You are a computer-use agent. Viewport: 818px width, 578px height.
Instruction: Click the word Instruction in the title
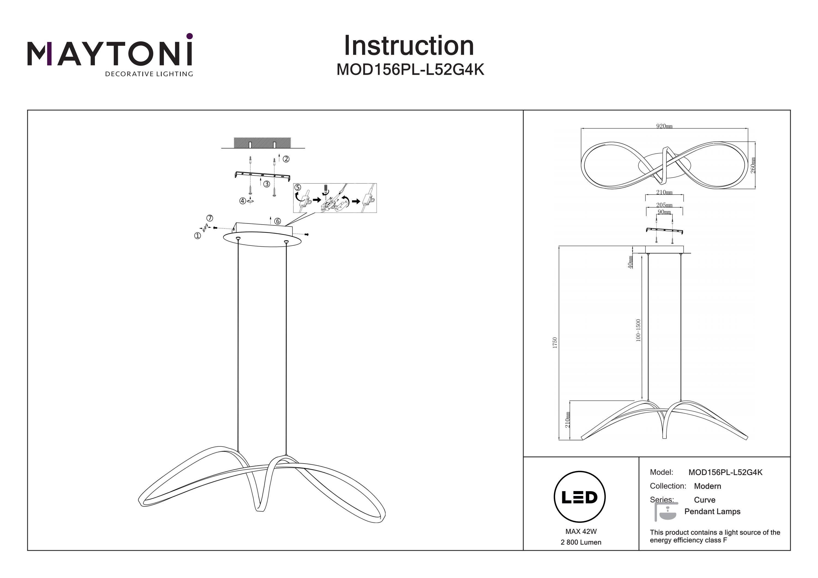[x=409, y=46]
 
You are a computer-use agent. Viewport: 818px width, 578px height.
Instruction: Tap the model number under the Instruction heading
[x=410, y=70]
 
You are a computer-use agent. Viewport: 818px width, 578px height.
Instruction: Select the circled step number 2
[x=286, y=159]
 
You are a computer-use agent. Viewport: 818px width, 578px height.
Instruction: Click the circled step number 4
[x=243, y=201]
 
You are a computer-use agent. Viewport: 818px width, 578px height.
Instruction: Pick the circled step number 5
[x=298, y=187]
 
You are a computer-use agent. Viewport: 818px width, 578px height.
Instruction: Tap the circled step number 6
[x=278, y=222]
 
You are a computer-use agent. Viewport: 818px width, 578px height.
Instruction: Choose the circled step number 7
[x=210, y=218]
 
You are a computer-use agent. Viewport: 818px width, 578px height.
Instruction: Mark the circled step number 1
[x=197, y=236]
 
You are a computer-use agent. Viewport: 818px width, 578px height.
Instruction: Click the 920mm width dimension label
[x=664, y=126]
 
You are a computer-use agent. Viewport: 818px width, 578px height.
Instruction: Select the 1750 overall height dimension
[x=555, y=343]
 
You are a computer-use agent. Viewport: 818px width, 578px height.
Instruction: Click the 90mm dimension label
[x=664, y=212]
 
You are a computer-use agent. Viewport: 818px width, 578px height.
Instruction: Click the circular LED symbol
[x=580, y=497]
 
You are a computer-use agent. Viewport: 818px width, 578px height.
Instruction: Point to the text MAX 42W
[x=581, y=532]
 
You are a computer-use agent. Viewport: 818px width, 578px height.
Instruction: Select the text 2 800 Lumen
[x=581, y=542]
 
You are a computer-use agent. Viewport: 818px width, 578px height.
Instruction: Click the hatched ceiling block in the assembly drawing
[x=262, y=143]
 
